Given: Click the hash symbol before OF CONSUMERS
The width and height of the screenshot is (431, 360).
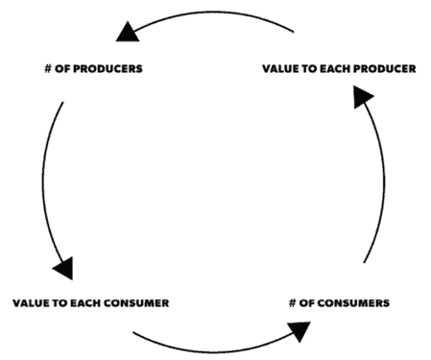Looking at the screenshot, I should click(292, 302).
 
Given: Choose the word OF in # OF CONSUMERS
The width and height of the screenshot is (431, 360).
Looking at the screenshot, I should click(308, 302).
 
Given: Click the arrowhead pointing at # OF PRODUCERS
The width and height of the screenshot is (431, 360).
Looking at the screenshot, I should click(127, 34).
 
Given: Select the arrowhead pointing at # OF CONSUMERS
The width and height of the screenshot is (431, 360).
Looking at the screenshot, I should click(299, 330).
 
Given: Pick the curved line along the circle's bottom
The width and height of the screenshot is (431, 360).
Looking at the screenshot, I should click(211, 348).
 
